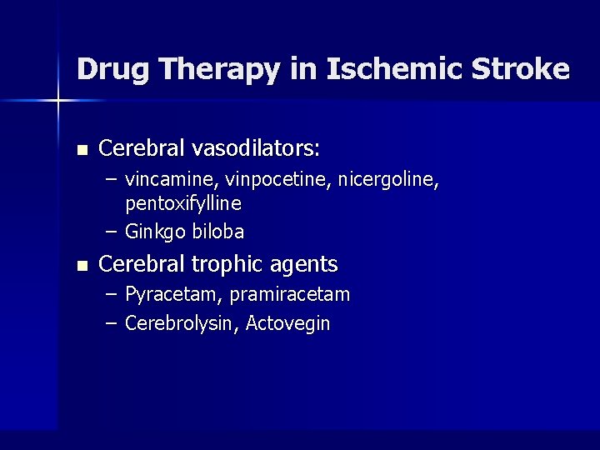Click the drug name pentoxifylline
click(x=183, y=203)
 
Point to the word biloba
click(x=217, y=232)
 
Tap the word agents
click(x=309, y=265)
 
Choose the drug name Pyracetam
click(x=173, y=294)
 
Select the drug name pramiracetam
click(x=290, y=294)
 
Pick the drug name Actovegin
click(x=290, y=323)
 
